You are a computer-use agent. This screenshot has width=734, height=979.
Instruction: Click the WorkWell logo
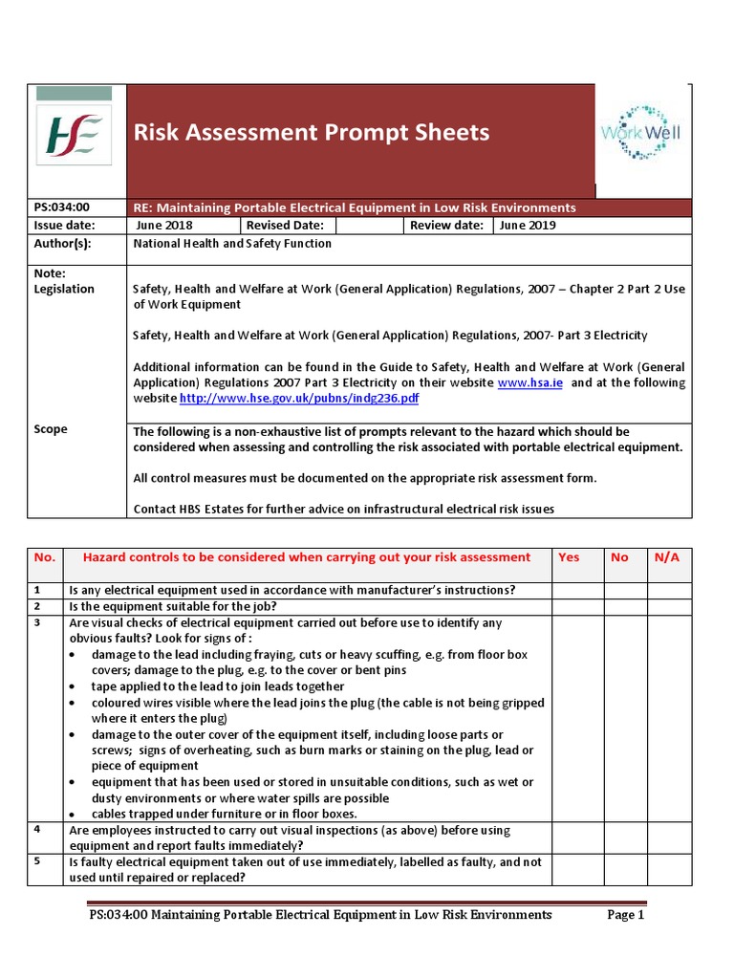(640, 133)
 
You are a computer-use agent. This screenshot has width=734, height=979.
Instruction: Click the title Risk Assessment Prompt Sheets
(311, 132)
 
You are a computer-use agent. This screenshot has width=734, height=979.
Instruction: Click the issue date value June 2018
(164, 226)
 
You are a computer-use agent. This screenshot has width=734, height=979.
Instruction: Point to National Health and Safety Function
(232, 244)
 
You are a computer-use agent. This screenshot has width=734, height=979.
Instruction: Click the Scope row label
(51, 429)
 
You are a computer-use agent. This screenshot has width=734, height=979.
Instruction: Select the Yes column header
(569, 557)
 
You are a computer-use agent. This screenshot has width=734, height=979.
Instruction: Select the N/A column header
(666, 557)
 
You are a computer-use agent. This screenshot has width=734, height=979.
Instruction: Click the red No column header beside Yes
(619, 557)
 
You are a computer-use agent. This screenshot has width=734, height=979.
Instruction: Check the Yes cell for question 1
(576, 590)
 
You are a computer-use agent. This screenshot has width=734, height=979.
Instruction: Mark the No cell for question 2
(625, 606)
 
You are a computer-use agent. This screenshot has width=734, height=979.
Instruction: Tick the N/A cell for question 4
(670, 838)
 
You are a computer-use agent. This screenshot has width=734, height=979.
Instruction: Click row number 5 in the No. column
(38, 861)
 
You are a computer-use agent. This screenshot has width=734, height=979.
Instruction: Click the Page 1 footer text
(626, 915)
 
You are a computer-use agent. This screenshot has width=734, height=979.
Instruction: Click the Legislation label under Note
(64, 289)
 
